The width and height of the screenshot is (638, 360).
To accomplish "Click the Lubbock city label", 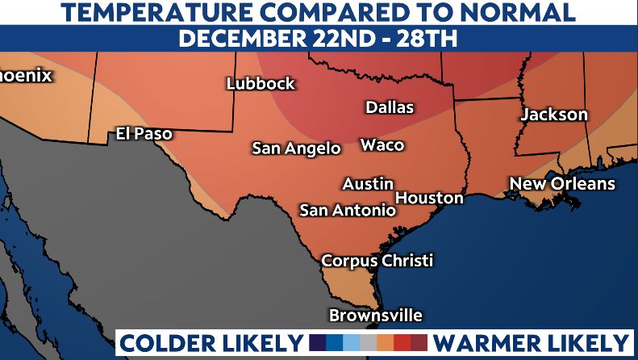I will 261,84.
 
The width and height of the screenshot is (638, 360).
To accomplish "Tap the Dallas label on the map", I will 390,107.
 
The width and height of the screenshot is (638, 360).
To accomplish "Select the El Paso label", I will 144,133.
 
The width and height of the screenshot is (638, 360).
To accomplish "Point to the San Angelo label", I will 296,149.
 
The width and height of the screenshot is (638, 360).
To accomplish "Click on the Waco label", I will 382,145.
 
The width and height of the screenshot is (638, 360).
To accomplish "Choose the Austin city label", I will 368,184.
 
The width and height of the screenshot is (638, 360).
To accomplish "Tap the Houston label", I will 430,198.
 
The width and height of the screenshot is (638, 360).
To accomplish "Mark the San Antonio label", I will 348,211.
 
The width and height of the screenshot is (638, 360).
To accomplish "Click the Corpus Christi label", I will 377,261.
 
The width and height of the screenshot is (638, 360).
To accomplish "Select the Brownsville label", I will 375,316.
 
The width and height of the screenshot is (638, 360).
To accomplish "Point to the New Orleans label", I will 562,184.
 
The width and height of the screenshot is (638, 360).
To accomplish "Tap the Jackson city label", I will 554,115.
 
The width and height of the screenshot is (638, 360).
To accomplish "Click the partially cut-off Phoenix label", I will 26,76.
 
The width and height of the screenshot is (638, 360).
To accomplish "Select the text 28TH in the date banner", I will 432,39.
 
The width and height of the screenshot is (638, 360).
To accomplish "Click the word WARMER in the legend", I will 479,342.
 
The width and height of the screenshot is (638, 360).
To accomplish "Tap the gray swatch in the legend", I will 368,342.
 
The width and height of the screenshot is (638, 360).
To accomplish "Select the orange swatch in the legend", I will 386,342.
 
